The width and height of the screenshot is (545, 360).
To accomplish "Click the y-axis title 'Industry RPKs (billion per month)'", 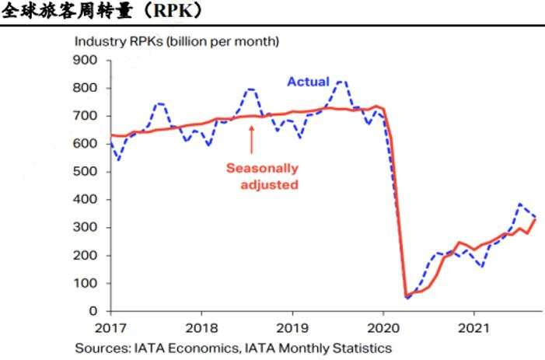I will tap(176, 40).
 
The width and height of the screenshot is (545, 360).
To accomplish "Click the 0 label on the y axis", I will tap(93, 312).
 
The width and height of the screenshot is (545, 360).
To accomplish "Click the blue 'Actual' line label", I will tap(308, 81).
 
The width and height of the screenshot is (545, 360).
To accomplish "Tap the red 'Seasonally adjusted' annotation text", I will tap(262, 176).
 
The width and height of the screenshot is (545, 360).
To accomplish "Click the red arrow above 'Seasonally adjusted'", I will tap(251, 140).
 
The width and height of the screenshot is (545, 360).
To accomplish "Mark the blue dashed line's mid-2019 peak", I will tap(341, 81).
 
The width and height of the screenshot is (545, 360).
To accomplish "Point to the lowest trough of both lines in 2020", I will tap(407, 296).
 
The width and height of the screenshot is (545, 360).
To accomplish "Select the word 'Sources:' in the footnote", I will tap(101, 348).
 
